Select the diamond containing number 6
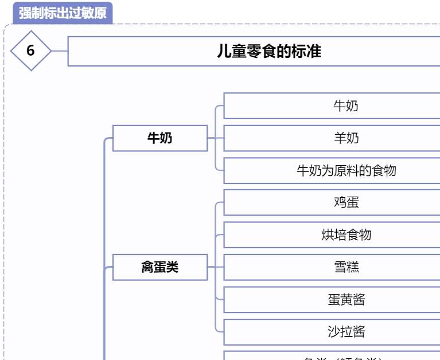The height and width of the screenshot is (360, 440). click(x=31, y=50)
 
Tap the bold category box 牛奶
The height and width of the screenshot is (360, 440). click(x=159, y=138)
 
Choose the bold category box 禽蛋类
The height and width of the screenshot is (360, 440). click(x=159, y=267)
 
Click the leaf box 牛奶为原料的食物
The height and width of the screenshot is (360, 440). click(x=346, y=170)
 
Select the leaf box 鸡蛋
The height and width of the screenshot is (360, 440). click(x=346, y=202)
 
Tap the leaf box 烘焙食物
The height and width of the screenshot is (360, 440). click(x=346, y=234)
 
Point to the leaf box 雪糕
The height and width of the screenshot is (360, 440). click(x=346, y=267)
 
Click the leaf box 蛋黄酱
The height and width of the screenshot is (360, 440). click(x=346, y=299)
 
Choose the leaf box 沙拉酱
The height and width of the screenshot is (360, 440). click(x=346, y=331)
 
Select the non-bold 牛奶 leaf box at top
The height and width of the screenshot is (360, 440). click(x=346, y=106)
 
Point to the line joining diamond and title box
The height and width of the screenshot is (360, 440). click(x=60, y=50)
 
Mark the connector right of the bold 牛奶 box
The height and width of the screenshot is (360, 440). click(x=215, y=138)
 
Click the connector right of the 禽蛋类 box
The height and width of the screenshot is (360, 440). click(x=215, y=267)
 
